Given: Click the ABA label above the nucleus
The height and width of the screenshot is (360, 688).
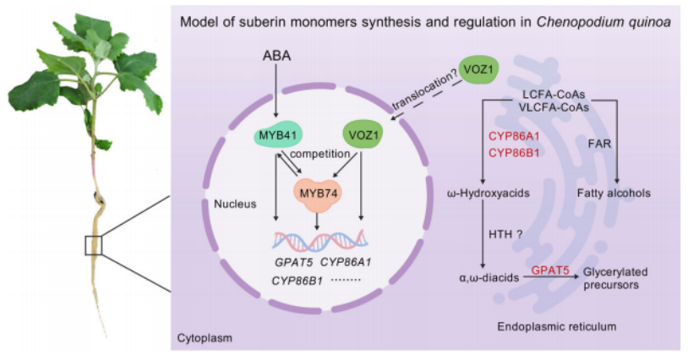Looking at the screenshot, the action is [x=276, y=56].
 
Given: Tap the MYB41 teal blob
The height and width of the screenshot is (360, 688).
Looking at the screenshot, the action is [x=277, y=135].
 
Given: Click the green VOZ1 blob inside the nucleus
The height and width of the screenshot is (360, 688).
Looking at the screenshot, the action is [x=363, y=135].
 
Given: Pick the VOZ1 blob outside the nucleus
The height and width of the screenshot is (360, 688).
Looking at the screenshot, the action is [x=478, y=69].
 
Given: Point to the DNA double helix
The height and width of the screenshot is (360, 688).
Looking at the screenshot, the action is [x=320, y=240].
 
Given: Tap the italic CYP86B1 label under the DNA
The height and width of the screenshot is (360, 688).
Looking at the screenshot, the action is [x=297, y=281].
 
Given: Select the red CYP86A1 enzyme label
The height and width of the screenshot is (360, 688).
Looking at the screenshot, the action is [x=514, y=136].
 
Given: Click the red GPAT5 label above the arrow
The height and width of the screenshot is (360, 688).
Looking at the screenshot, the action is [x=550, y=270].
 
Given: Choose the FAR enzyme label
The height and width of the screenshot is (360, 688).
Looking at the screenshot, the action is [x=599, y=144].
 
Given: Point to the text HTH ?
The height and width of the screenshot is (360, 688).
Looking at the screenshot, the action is [x=505, y=234].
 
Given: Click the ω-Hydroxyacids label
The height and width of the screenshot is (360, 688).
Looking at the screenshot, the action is [x=488, y=194].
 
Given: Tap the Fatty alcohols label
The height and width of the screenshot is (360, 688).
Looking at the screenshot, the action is [x=614, y=193].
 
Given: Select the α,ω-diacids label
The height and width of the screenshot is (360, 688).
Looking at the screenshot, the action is [x=489, y=277].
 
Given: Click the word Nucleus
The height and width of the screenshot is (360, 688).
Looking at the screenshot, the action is [x=235, y=204].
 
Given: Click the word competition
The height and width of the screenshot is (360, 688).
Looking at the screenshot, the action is [x=319, y=154].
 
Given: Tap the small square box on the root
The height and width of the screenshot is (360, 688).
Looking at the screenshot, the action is [x=94, y=245].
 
